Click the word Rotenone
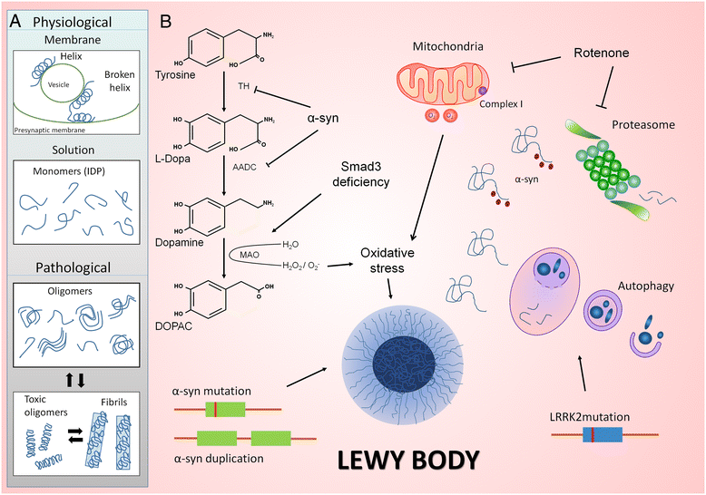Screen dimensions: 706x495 [x=601, y=53]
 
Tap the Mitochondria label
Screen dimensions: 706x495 [x=448, y=46]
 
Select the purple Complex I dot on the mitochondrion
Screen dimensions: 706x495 [x=483, y=91]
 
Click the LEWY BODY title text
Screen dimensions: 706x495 [x=408, y=461]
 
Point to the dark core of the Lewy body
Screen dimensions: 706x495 [x=404, y=365]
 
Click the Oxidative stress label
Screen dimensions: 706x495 [x=387, y=260]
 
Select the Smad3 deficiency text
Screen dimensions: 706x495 [x=360, y=174]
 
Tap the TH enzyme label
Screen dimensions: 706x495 [x=243, y=86]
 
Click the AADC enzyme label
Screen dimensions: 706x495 [x=244, y=168]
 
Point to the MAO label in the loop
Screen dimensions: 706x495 [x=249, y=255]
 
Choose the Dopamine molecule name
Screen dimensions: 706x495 [x=179, y=243]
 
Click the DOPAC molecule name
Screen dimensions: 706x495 [x=173, y=325]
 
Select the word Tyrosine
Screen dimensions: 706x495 [x=175, y=74]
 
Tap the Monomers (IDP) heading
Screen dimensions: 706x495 [x=69, y=171]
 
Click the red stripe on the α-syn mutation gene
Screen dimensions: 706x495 [x=215, y=410]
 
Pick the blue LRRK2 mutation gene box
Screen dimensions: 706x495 [x=603, y=434]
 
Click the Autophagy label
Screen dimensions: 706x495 [x=646, y=286]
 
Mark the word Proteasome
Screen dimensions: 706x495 [x=643, y=124]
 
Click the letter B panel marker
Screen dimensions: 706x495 [x=166, y=21]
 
